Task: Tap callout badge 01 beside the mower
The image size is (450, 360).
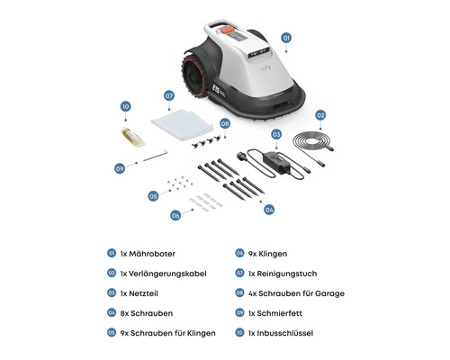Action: tap(287, 39)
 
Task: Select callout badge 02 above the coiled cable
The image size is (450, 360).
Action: tap(319, 115)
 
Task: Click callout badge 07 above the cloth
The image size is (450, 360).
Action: tap(168, 94)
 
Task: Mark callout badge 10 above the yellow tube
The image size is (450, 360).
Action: tap(125, 106)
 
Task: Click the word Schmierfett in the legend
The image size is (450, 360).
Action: tap(291, 313)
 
